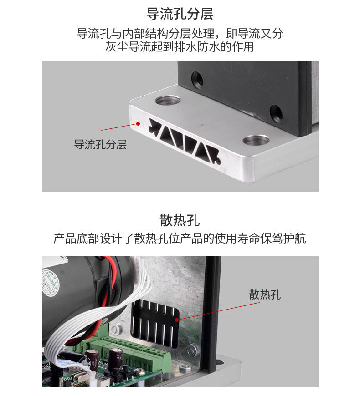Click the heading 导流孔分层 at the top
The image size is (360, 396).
click(x=180, y=14)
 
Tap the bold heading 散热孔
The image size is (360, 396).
click(x=180, y=220)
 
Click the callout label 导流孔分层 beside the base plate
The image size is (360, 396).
click(x=100, y=144)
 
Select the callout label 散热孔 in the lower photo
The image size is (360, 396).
click(x=265, y=295)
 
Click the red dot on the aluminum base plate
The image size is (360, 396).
click(x=138, y=123)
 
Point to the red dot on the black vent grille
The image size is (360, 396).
click(x=177, y=320)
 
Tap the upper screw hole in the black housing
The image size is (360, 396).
click(x=197, y=80)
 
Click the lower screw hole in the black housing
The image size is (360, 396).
click(x=276, y=114)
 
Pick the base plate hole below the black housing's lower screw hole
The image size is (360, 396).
click(x=256, y=140)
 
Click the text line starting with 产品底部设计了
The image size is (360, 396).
click(x=180, y=239)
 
